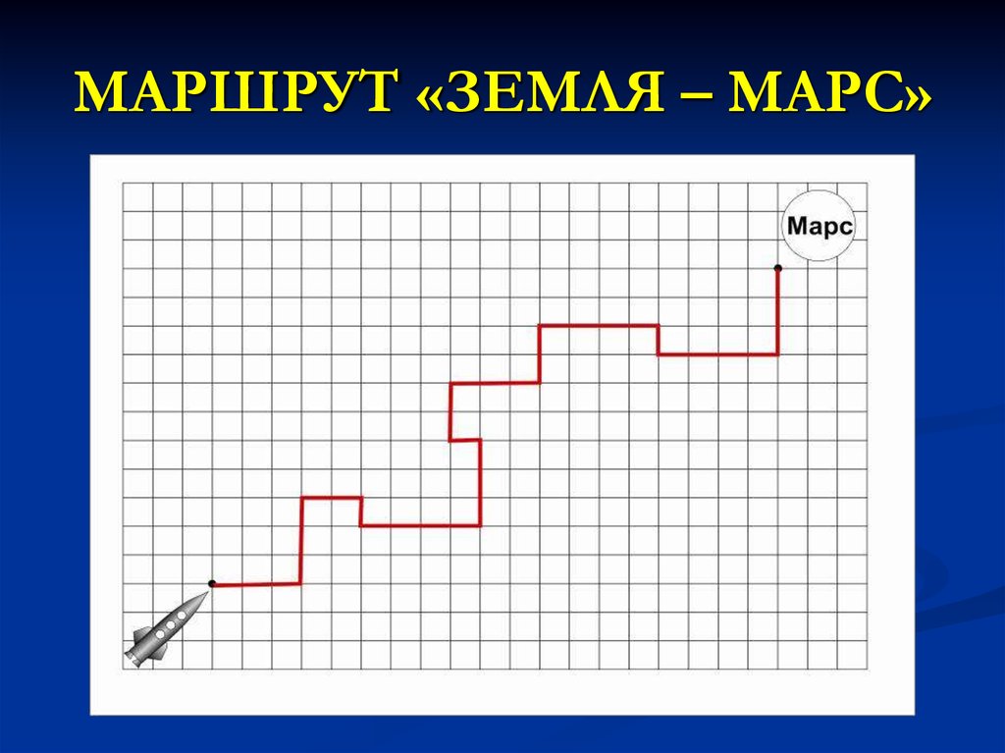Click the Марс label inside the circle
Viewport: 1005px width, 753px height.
[x=818, y=227]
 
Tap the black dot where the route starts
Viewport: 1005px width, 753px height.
[x=212, y=583]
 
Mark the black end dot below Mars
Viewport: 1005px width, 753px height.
[x=778, y=267]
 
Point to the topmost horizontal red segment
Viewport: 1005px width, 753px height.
[x=598, y=325]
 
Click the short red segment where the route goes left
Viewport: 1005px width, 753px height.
[x=465, y=440]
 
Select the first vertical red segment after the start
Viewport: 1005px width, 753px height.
[x=301, y=541]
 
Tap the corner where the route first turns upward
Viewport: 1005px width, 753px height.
[x=301, y=583]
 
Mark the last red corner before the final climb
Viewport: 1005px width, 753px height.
[x=778, y=353]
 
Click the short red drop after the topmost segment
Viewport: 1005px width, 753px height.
[x=658, y=340]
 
